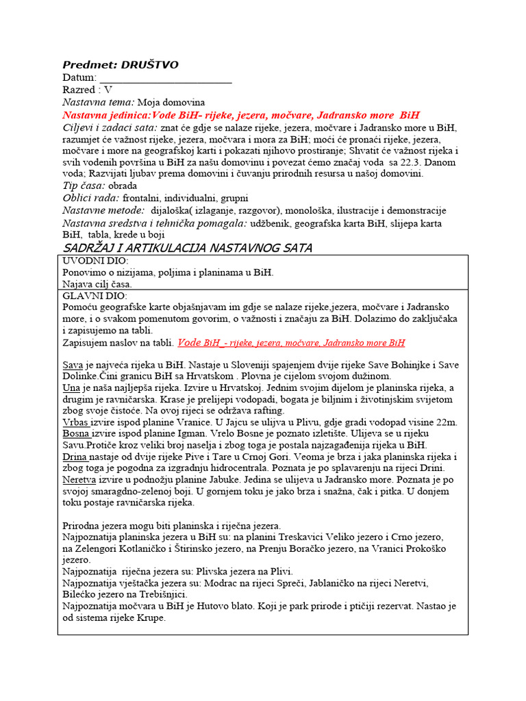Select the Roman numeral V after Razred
coord(108,90)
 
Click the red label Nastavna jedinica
coord(107,115)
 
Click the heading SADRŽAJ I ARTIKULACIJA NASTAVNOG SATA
coord(187,247)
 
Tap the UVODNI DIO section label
coord(95,261)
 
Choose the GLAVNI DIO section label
coord(95,296)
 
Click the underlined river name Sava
coord(72,365)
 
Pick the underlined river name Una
coord(71,387)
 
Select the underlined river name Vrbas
coord(75,422)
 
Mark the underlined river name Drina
coord(74,457)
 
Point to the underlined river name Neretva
coord(78,479)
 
